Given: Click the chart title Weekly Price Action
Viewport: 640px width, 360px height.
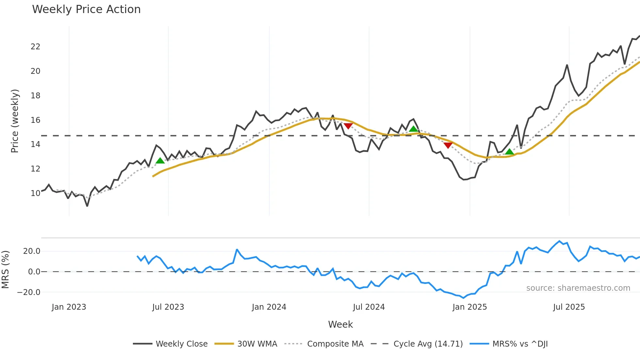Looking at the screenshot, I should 86,9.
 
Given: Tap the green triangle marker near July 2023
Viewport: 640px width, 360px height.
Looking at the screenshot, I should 160,161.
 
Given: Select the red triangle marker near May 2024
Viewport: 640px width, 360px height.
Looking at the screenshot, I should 348,126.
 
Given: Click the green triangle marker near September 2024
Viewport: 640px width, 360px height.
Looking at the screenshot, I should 413,129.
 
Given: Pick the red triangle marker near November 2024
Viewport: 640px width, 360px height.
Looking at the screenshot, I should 448,145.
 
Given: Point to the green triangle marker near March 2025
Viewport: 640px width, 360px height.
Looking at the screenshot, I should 509,152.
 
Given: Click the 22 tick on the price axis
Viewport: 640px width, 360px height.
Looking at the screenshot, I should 35,47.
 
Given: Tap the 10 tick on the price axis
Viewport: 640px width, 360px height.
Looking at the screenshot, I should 35,193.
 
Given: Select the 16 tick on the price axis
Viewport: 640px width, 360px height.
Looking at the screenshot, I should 35,120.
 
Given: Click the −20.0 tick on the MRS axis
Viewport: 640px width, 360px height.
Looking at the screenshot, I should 29,292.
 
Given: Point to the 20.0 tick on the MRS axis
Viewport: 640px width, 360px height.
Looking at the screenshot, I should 31,251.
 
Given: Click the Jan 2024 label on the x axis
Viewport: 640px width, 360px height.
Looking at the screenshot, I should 269,307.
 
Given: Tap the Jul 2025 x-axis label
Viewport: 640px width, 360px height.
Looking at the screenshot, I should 569,307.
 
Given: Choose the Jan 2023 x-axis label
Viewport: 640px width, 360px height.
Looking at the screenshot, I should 69,307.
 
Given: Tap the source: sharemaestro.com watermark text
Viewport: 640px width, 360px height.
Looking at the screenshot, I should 578,288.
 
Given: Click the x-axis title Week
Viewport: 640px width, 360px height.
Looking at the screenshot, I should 340,324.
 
